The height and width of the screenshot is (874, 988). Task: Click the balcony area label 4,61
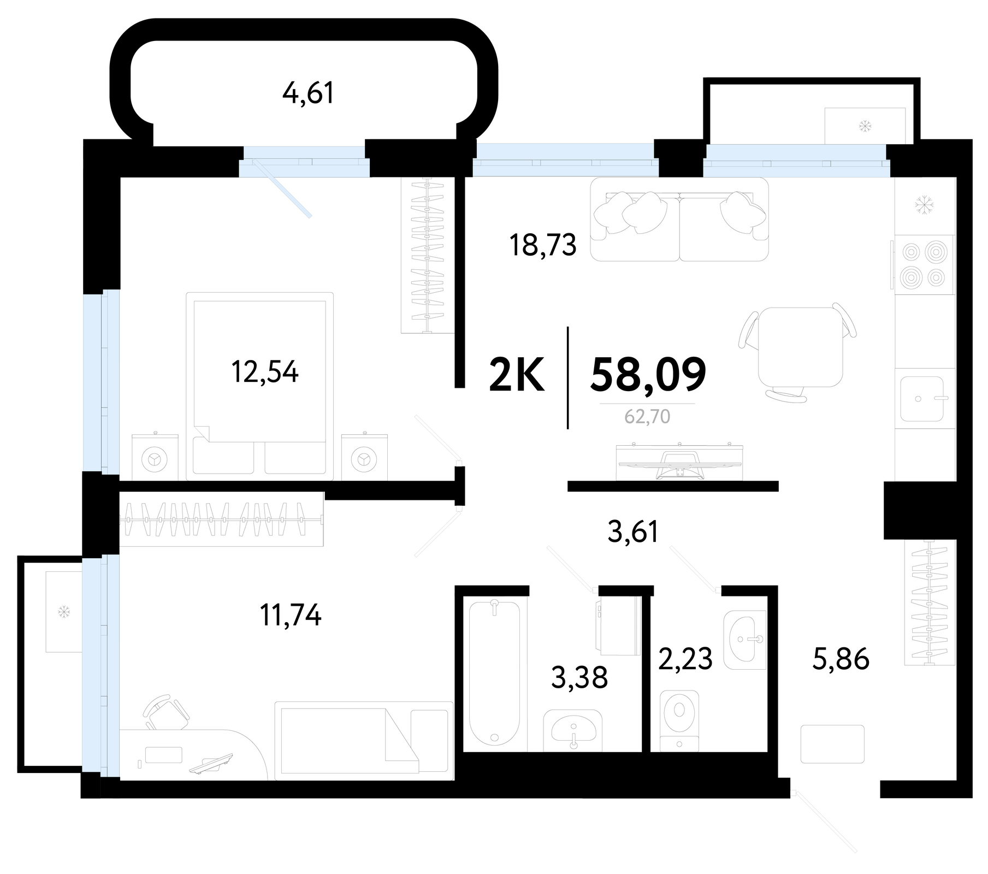coord(308,93)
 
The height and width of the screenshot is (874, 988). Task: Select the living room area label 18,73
coord(542,245)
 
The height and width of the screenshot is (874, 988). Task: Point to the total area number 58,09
coord(648,374)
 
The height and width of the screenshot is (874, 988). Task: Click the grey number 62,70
coord(647,417)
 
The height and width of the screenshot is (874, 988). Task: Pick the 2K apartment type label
coord(517,375)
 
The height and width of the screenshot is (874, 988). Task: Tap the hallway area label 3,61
coord(633,532)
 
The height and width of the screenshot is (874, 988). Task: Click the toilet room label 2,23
coord(685,659)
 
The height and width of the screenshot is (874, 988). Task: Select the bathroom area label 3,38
coord(579,678)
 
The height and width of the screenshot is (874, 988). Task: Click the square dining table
coord(800,347)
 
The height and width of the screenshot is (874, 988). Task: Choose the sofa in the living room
coord(679,219)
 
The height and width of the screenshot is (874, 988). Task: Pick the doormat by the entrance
coord(832,744)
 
